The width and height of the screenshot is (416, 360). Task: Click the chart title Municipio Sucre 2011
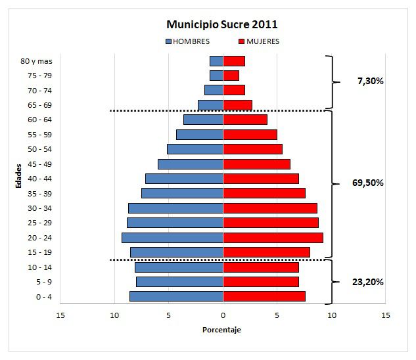(x=221, y=24)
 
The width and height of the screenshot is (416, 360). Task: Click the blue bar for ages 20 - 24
(x=172, y=238)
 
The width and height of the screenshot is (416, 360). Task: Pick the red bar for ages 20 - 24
(x=273, y=238)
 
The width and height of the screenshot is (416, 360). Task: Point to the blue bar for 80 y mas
(x=216, y=61)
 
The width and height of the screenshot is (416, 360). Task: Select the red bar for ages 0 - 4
(x=264, y=296)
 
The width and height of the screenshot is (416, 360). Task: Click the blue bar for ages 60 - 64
(x=203, y=120)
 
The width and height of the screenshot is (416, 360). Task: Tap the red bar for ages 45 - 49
(x=256, y=164)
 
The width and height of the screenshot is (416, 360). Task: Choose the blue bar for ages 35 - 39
(x=182, y=193)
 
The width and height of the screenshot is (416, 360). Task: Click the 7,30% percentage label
(x=371, y=81)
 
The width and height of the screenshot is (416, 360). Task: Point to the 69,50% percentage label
(x=368, y=183)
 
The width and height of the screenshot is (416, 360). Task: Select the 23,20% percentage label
(x=368, y=281)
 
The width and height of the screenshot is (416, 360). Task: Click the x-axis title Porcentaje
(x=221, y=329)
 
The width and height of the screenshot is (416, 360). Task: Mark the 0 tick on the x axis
(x=223, y=315)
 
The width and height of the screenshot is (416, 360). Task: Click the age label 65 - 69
(x=40, y=105)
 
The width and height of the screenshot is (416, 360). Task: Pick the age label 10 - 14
(x=40, y=267)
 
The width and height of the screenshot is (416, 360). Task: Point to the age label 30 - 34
(x=40, y=208)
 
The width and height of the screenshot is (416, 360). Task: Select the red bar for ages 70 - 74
(x=234, y=90)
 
